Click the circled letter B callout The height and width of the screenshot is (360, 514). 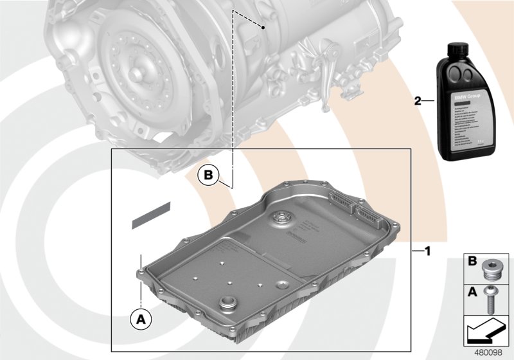(x=208, y=175)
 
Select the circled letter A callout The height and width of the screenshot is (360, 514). (x=140, y=318)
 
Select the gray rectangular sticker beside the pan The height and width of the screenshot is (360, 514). (x=152, y=215)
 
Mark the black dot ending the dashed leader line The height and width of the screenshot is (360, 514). (x=264, y=28)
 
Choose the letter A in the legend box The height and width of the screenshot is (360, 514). (x=472, y=291)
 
